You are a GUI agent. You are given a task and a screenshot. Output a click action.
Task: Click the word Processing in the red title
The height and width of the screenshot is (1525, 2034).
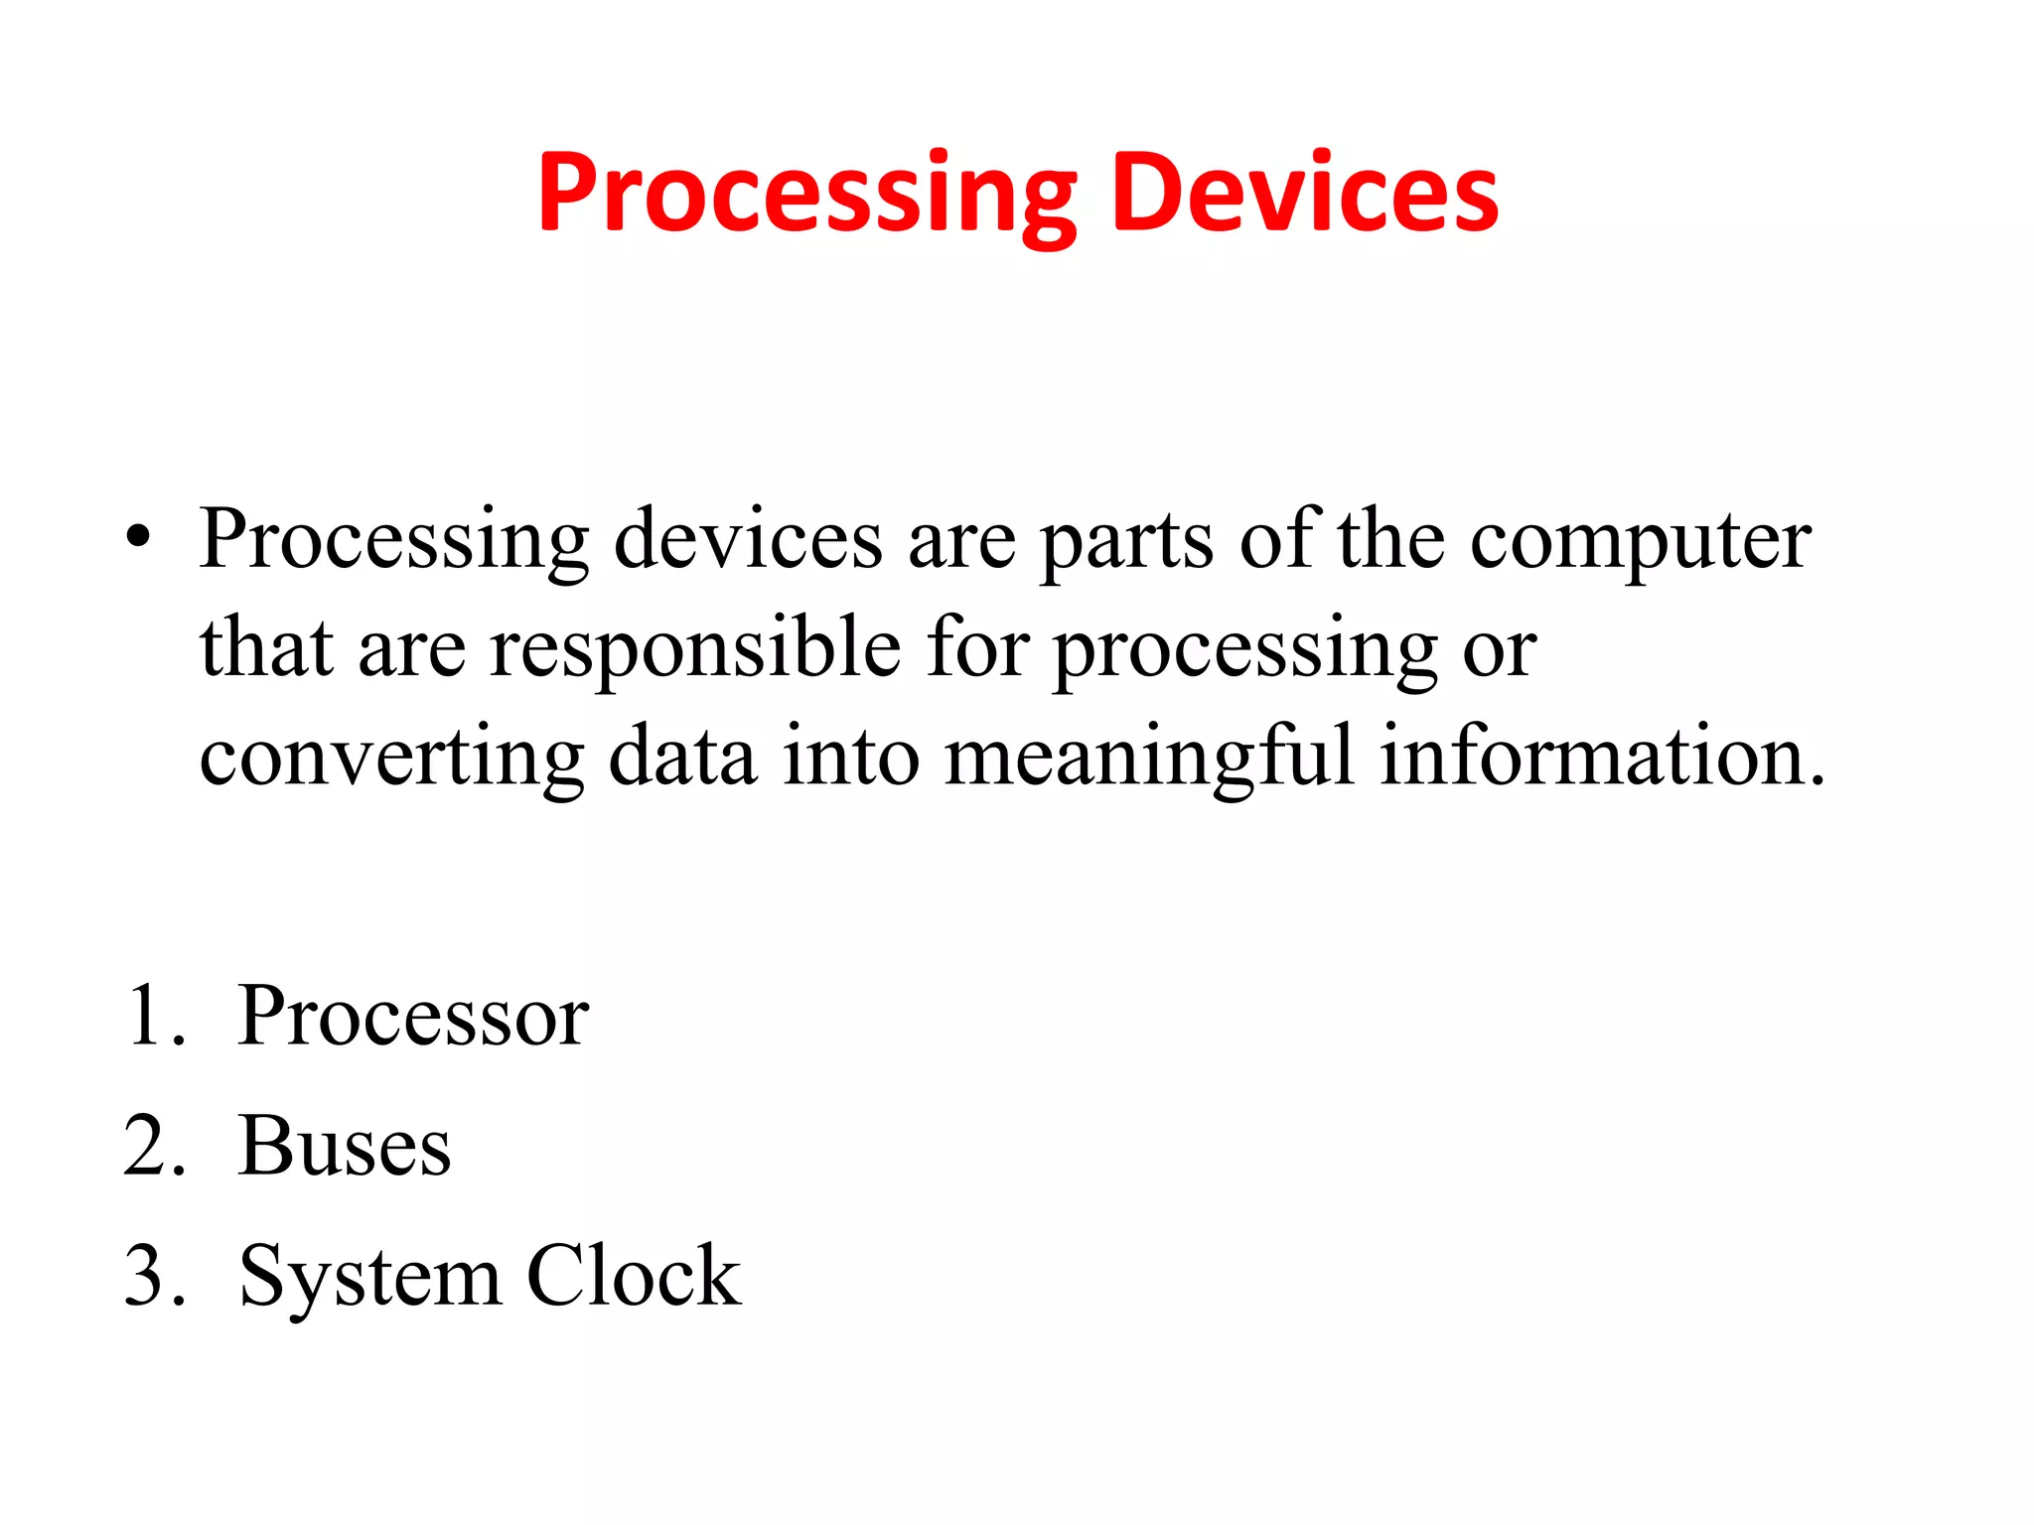(x=806, y=194)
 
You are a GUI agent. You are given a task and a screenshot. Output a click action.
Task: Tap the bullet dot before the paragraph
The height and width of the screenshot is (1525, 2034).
(x=139, y=539)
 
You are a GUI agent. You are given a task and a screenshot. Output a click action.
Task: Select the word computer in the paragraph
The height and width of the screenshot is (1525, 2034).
(x=1640, y=542)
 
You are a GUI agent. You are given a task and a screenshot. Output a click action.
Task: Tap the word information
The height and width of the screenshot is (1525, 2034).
(x=1601, y=757)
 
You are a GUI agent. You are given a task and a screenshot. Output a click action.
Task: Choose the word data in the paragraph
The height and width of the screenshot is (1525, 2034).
(x=682, y=757)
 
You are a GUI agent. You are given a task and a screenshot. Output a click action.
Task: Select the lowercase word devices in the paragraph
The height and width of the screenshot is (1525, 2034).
(x=748, y=540)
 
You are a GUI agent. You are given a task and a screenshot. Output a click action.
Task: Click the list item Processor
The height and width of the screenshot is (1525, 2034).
(x=413, y=1016)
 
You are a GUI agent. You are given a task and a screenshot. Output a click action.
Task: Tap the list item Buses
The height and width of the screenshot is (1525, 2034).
(x=345, y=1146)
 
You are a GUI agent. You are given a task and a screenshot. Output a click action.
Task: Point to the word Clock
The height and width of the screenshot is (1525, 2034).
(x=634, y=1275)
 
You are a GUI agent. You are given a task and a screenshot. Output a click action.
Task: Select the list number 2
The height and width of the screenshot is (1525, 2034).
(x=150, y=1146)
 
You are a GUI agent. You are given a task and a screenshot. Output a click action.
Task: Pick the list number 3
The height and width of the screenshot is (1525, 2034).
(x=150, y=1276)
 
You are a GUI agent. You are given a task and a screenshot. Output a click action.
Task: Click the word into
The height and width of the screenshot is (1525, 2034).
(x=851, y=757)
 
